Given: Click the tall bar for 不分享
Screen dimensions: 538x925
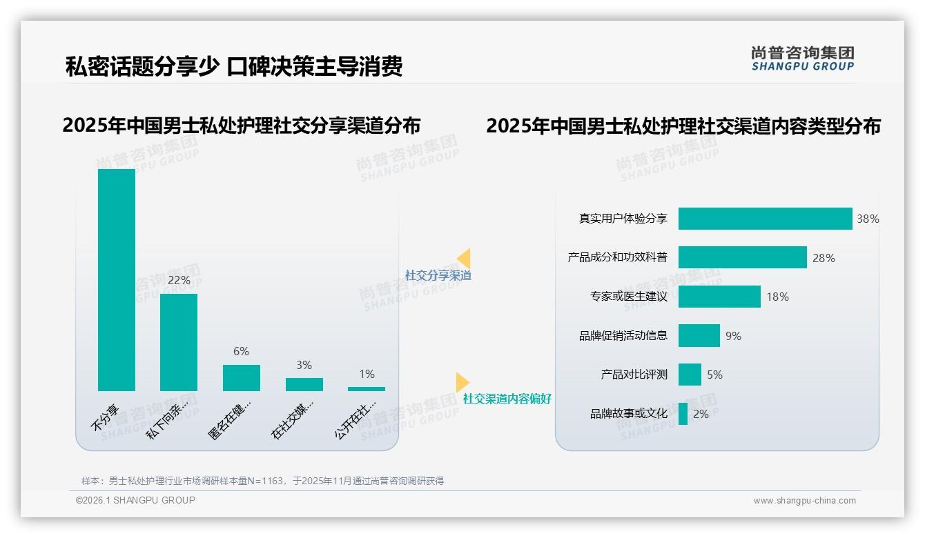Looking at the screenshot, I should [x=116, y=279].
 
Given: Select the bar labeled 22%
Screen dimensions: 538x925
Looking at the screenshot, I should [x=179, y=342].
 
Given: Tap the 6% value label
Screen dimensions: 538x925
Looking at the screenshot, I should [x=241, y=352].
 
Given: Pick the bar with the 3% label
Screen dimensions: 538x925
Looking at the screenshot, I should [x=304, y=384].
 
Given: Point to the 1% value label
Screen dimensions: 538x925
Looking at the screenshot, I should [x=367, y=374].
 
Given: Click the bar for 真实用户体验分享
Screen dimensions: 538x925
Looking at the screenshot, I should [x=765, y=219].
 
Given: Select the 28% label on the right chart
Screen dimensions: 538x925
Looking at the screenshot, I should [x=824, y=258].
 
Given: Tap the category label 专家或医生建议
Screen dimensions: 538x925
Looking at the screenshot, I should [x=629, y=297].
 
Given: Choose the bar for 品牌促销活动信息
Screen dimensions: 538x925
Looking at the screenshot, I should [x=699, y=336].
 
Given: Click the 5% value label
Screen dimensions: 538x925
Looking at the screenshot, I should [x=714, y=375].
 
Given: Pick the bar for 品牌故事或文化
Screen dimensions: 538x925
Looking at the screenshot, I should [x=683, y=414].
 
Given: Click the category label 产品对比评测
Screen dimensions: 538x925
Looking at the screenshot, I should [x=634, y=375].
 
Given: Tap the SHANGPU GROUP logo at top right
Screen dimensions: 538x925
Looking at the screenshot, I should [x=802, y=59].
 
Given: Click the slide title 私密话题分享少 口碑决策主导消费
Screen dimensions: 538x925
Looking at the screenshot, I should [x=233, y=66].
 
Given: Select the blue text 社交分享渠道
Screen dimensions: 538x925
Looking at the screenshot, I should [x=438, y=275].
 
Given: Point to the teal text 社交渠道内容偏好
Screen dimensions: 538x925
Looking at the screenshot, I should [x=507, y=399].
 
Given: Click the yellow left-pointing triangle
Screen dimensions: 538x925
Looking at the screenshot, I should [x=464, y=258].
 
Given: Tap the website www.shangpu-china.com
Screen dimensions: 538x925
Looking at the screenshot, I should [x=804, y=501].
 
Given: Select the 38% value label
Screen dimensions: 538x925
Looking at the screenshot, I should [x=868, y=219].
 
